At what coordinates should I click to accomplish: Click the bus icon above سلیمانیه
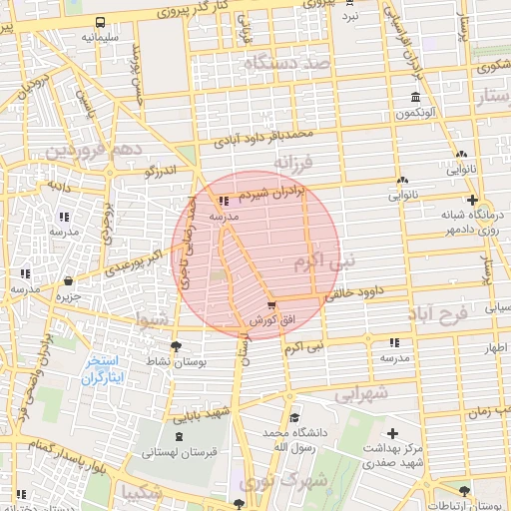pos(100,23)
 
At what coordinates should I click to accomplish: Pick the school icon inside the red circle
pos(223,201)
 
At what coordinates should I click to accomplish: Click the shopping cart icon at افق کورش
pos(272,305)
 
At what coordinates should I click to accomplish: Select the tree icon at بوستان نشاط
pos(177,346)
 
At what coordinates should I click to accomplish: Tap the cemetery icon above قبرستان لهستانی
pos(179,437)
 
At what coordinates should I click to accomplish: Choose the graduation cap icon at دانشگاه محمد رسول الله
pos(293,418)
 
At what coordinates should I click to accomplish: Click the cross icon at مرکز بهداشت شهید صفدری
pos(393,434)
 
